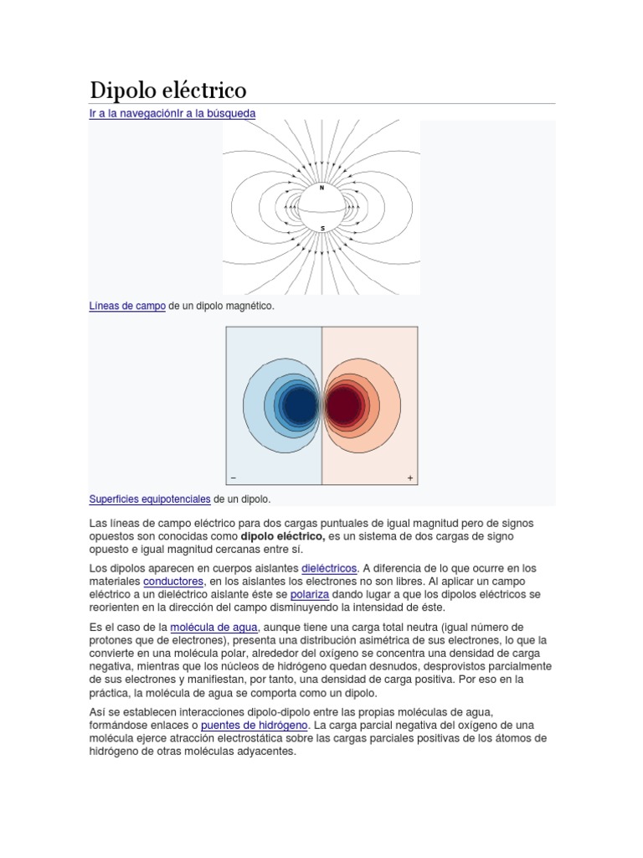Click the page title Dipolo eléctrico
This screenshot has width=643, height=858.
[167, 90]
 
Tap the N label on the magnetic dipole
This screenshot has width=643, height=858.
[321, 188]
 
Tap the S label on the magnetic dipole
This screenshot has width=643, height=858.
[322, 227]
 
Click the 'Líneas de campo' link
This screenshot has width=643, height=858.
[127, 307]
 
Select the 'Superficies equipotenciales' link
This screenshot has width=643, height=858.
[150, 499]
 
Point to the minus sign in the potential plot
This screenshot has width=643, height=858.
[233, 478]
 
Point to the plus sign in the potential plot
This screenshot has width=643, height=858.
[410, 478]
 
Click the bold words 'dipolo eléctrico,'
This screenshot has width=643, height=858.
[282, 535]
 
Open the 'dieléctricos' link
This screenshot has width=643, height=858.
[329, 567]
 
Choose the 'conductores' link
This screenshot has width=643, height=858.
[173, 581]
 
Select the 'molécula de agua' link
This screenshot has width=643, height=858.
[214, 627]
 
